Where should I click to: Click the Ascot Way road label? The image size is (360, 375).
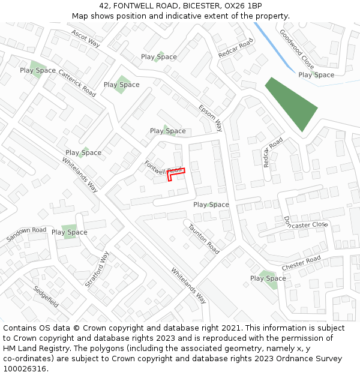point(85,38)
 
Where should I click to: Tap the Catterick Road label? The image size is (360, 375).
point(77,83)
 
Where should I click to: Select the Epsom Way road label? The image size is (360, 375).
point(211,118)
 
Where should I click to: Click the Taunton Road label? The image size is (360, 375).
point(203,238)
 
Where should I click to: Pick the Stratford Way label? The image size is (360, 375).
point(97,269)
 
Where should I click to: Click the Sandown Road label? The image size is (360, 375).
point(26,235)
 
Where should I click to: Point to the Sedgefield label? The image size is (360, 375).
point(46,296)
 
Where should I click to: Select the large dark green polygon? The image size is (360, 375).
point(292,103)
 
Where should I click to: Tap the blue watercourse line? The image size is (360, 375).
point(273,46)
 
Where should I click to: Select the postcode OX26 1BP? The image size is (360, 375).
point(242,5)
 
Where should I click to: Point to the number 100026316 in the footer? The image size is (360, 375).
point(25,369)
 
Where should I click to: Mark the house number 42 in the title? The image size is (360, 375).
point(104,5)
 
